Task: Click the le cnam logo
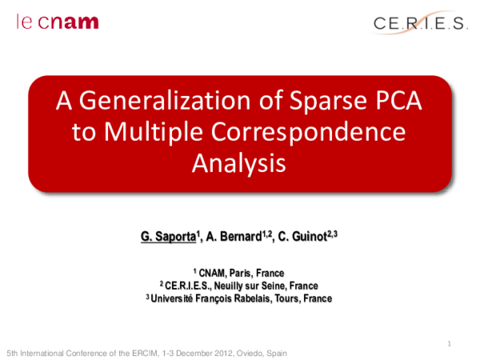[x=58, y=21]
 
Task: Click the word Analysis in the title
[x=239, y=163]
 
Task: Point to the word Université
[x=178, y=298]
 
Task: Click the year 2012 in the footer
[x=215, y=353]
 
